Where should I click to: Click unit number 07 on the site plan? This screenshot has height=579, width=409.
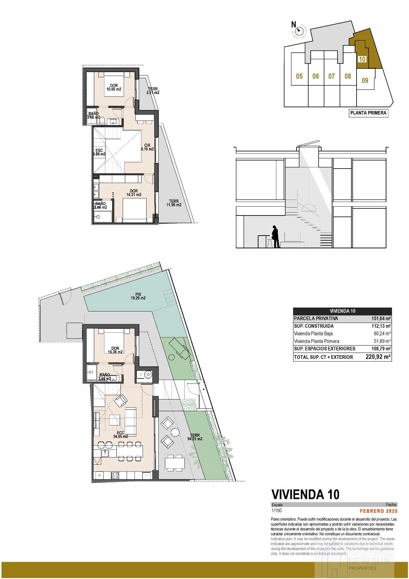coord(331,76)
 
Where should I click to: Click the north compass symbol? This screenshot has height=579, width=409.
coord(299,30)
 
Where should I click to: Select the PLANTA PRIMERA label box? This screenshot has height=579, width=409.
coord(368,113)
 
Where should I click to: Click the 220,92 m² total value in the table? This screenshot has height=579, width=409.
coord(378,357)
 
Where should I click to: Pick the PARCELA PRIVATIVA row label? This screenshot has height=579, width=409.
coord(316,318)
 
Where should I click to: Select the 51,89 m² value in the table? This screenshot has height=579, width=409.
coord(382,341)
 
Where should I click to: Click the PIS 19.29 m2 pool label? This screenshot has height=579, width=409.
coord(138,296)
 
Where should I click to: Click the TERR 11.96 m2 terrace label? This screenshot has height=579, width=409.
coord(174,203)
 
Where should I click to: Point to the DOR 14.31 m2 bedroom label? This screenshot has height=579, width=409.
coord(134,193)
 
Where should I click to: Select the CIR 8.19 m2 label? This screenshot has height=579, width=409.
coord(147,147)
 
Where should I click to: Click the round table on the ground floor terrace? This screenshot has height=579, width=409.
coord(175,432)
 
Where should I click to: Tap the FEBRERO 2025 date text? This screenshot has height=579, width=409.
coord(379,511)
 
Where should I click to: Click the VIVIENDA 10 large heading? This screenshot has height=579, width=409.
coord(305,494)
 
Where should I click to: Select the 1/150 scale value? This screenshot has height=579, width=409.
coord(277,511)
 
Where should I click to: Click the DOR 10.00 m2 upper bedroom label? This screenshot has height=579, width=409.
coord(114,87)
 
